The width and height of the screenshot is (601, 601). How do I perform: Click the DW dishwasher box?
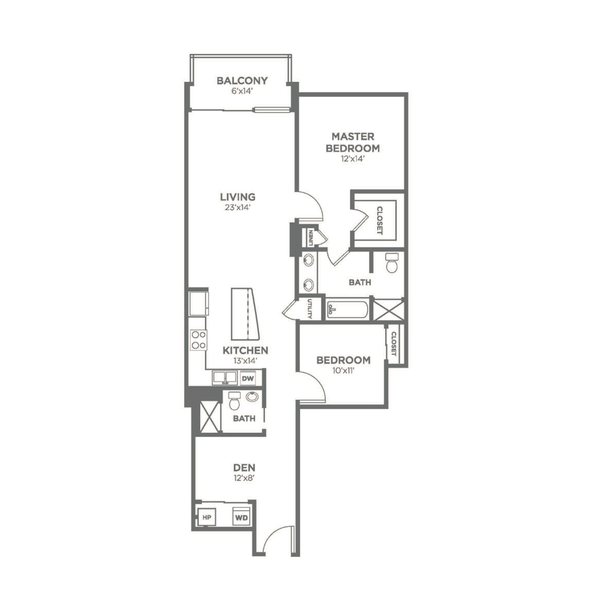pyautogui.click(x=248, y=379)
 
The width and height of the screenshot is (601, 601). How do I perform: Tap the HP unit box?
pyautogui.click(x=207, y=517)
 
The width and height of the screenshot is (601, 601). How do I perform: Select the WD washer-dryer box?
pyautogui.click(x=242, y=517)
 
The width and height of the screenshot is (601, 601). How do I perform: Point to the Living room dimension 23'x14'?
pyautogui.click(x=237, y=207)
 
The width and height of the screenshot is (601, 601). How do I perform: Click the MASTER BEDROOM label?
pyautogui.click(x=353, y=142)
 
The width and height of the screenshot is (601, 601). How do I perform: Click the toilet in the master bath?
pyautogui.click(x=392, y=263)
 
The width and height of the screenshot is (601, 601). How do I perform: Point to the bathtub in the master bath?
pyautogui.click(x=347, y=310)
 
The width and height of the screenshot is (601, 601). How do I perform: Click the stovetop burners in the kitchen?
pyautogui.click(x=198, y=340)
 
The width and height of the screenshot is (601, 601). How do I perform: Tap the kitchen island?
pyautogui.click(x=245, y=314)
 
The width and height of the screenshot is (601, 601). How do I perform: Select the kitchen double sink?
pyautogui.click(x=225, y=377)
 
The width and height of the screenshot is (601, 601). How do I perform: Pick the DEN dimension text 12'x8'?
pyautogui.click(x=244, y=478)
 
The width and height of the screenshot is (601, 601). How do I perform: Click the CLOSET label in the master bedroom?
pyautogui.click(x=379, y=221)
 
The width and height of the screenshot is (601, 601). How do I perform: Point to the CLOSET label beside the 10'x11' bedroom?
pyautogui.click(x=394, y=344)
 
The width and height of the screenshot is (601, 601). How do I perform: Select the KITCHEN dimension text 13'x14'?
pyautogui.click(x=245, y=360)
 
